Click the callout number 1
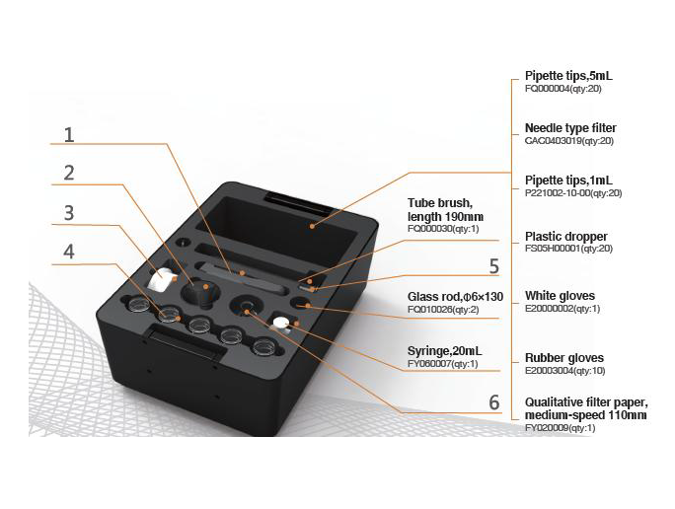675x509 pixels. tap(69, 134)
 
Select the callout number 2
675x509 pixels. tap(69, 173)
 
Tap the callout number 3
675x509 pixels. tap(69, 213)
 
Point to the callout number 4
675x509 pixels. tap(69, 253)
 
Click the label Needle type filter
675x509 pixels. tap(570, 128)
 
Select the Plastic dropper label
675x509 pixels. tap(565, 237)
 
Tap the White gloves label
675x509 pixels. tap(560, 296)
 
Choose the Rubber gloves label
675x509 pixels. tap(563, 358)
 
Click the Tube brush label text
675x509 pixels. tap(445, 210)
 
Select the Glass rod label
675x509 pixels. tap(455, 297)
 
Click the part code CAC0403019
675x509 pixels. tap(569, 141)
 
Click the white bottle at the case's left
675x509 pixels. tap(161, 280)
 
